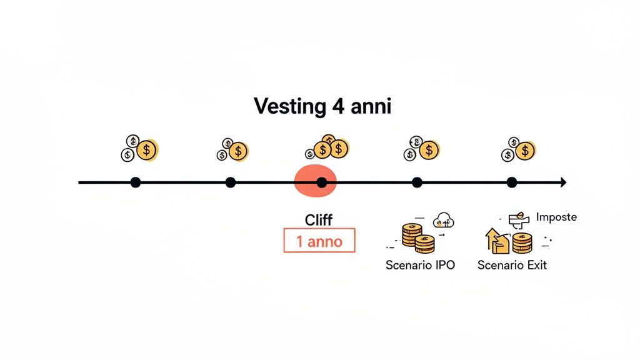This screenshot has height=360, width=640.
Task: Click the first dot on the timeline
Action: click(x=136, y=182)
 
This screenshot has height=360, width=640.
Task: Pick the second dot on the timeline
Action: click(x=230, y=182)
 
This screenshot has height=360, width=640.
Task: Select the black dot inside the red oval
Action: click(x=321, y=182)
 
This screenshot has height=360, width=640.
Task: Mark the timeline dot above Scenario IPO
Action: click(x=417, y=182)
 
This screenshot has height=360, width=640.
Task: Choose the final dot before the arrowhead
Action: click(x=512, y=182)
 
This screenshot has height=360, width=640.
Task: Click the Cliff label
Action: click(x=318, y=220)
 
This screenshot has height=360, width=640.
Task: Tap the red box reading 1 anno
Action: click(x=319, y=241)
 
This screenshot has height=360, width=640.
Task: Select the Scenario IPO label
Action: click(x=420, y=265)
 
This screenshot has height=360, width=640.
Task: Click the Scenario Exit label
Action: click(x=512, y=265)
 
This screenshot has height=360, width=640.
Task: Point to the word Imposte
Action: click(x=556, y=217)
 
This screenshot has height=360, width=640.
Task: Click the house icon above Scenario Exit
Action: click(x=497, y=241)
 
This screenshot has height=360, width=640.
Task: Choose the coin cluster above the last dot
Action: click(x=519, y=149)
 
